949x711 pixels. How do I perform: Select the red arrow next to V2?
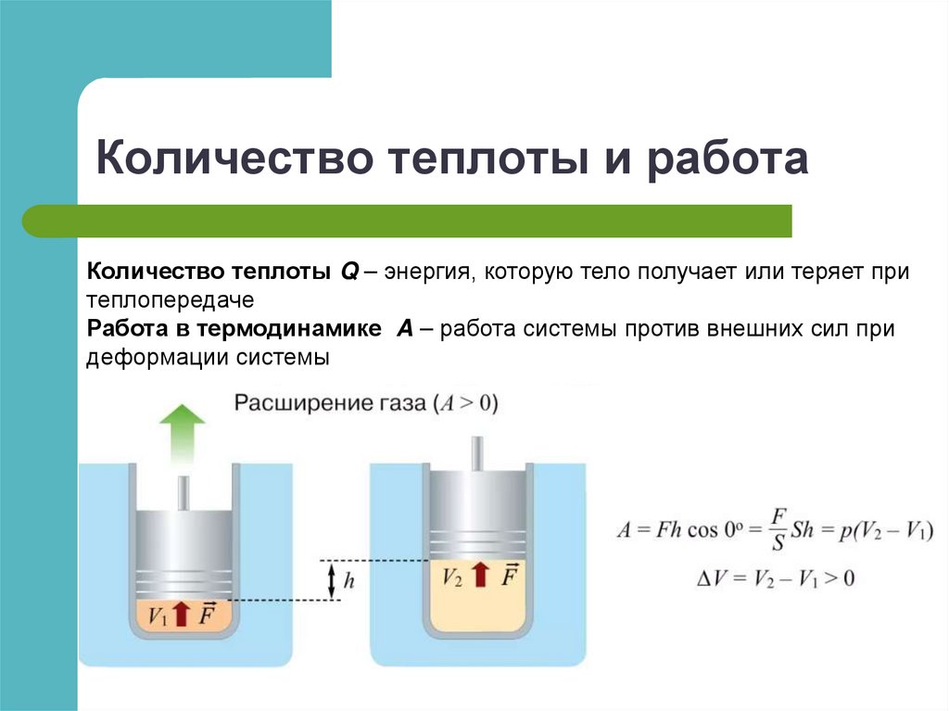click(x=479, y=576)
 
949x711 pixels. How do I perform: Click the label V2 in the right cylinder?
click(x=452, y=577)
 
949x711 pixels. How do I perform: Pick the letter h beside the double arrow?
click(x=348, y=581)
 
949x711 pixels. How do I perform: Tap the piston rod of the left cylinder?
click(x=183, y=492)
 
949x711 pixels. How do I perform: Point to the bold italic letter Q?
click(x=348, y=273)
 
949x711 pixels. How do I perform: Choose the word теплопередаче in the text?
click(x=171, y=300)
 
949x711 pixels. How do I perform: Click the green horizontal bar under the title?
click(x=408, y=221)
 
